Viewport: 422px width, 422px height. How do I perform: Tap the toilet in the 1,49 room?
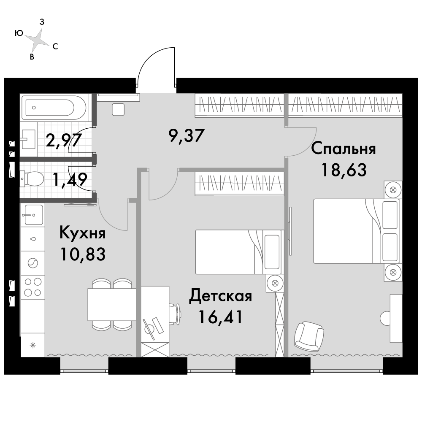pos(33,179)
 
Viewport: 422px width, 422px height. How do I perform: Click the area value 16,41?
pos(221,317)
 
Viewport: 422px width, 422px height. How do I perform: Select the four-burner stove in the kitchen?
pos(32,286)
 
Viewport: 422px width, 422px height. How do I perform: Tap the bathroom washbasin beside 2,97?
pos(28,139)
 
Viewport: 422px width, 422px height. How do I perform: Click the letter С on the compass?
pos(55,46)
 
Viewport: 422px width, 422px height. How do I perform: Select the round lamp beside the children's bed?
pos(274,283)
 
